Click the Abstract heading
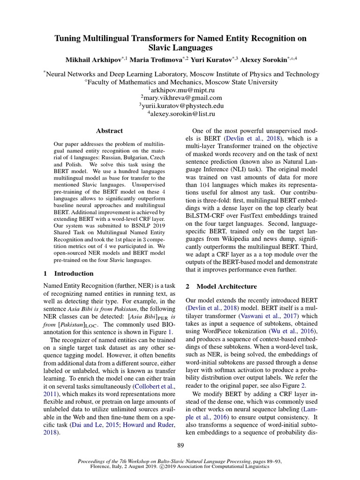(109, 131)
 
